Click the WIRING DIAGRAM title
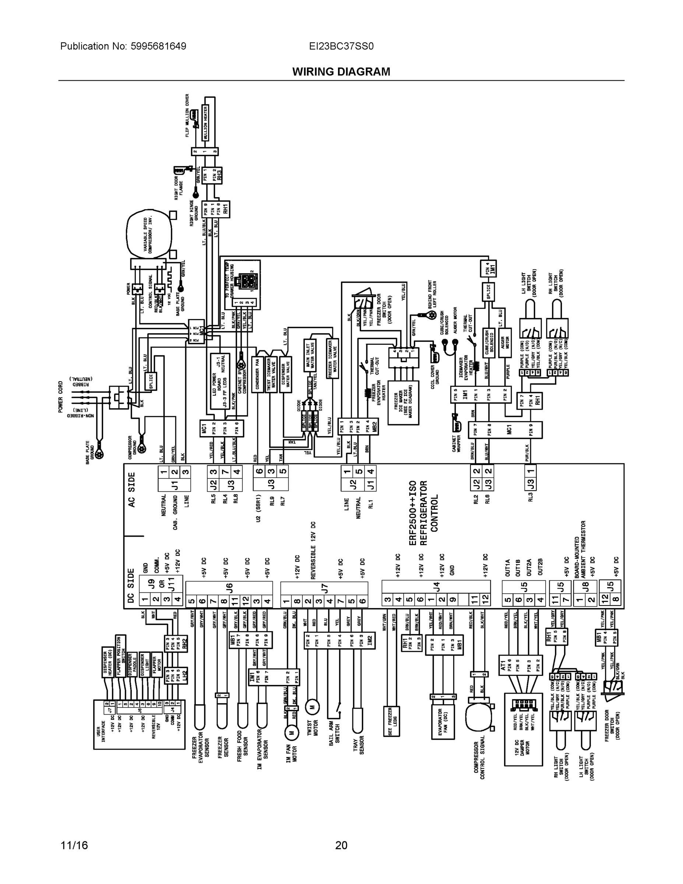[341, 72]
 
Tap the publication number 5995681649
[158, 46]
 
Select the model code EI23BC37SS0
[341, 46]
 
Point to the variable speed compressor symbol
[148, 234]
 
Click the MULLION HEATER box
[205, 123]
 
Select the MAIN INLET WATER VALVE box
[310, 355]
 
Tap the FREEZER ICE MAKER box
[403, 403]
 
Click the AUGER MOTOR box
[504, 343]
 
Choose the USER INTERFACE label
[101, 731]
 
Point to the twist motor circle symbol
[312, 707]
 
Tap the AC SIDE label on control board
[132, 490]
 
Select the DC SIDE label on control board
[131, 585]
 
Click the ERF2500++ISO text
[413, 513]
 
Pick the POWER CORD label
[61, 397]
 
